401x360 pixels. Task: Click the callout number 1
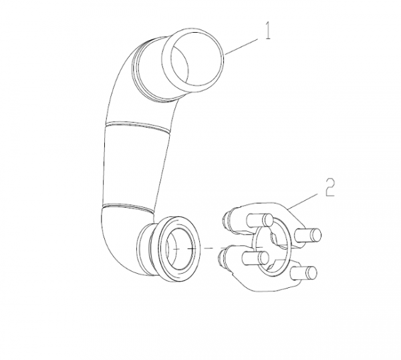click(x=267, y=31)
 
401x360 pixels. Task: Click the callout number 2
click(x=330, y=187)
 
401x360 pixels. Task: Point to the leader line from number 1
click(x=241, y=47)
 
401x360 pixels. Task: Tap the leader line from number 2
click(x=303, y=201)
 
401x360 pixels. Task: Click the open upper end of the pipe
click(x=193, y=60)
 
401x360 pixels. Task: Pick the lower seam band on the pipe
click(x=128, y=208)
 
